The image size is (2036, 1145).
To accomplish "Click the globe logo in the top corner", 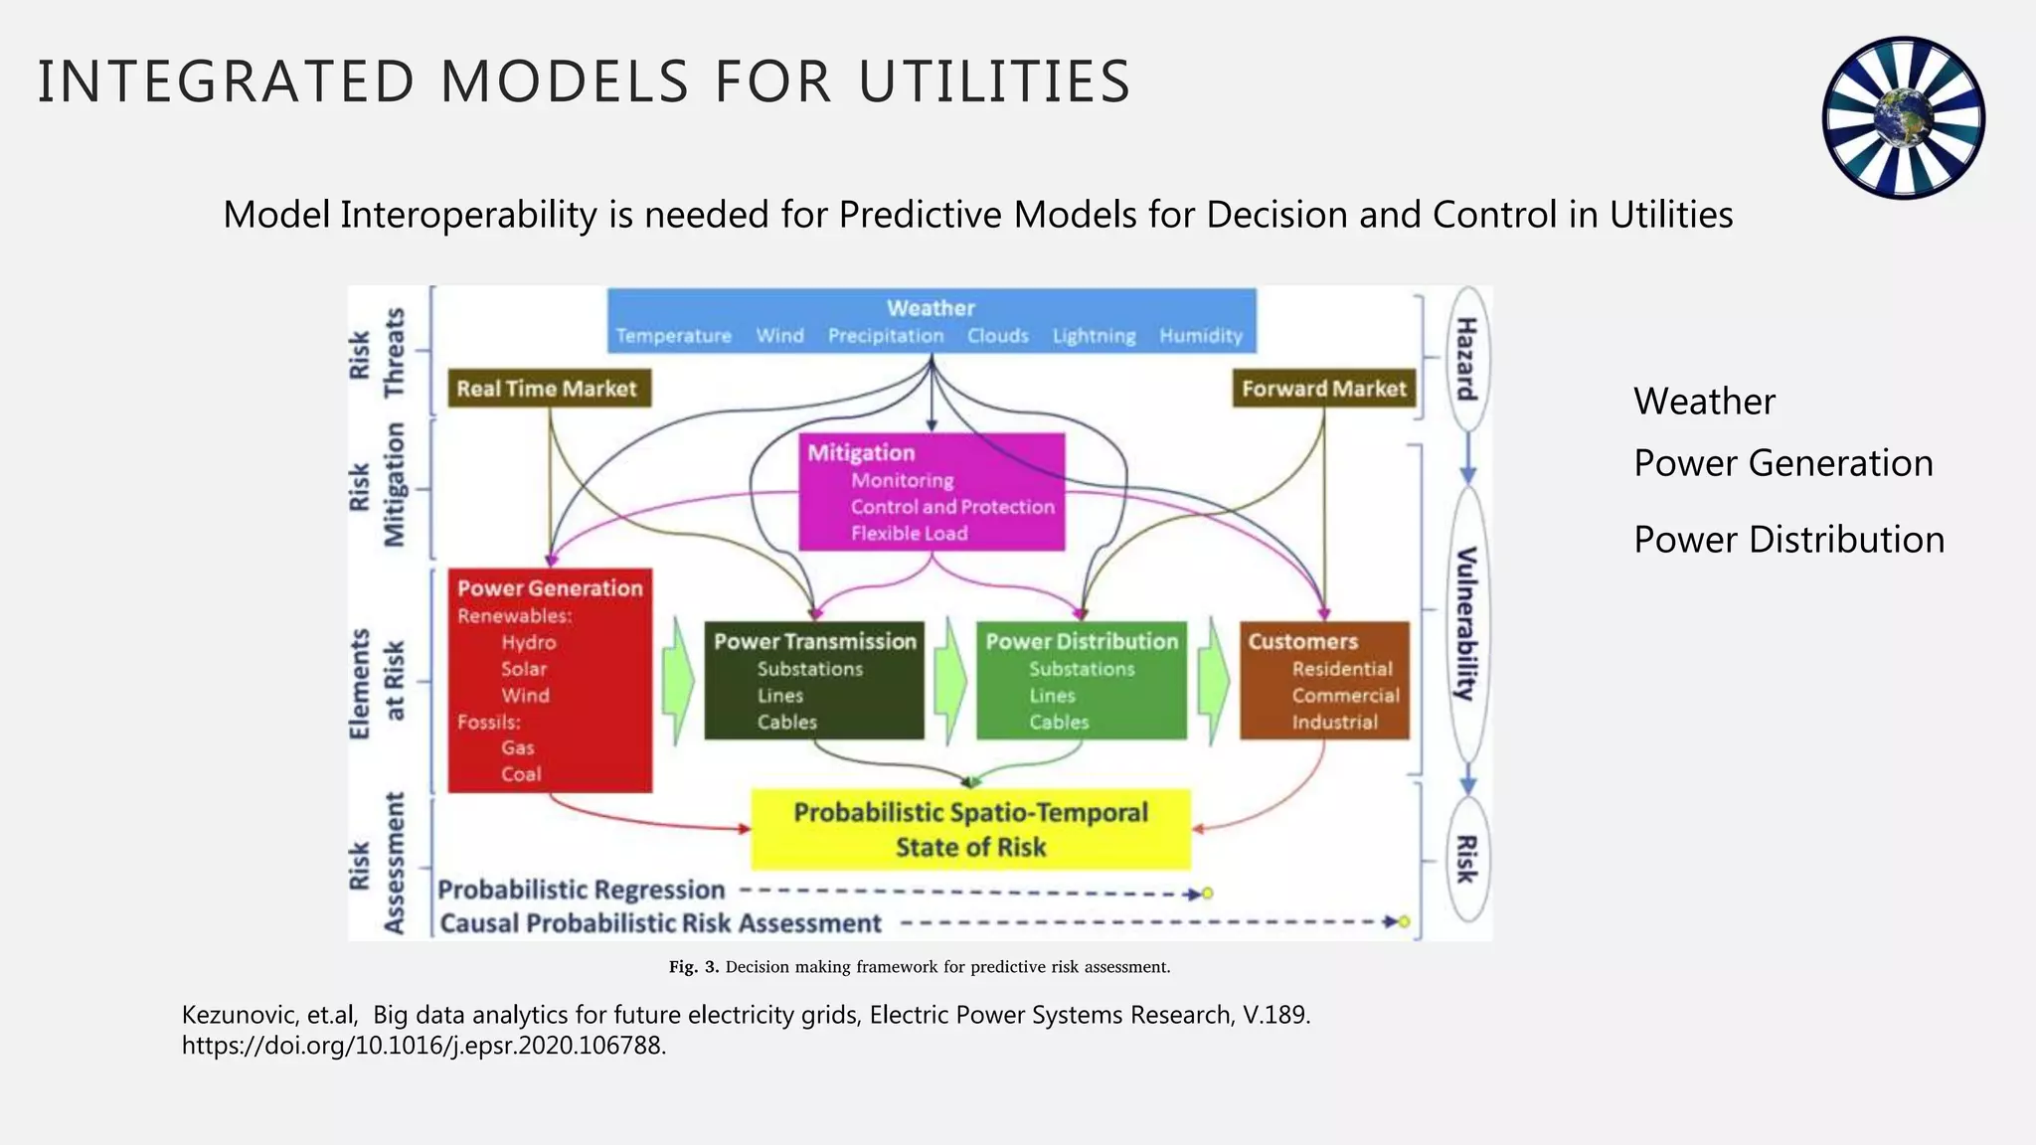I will pyautogui.click(x=1903, y=117).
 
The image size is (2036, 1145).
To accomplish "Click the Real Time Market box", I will pyautogui.click(x=548, y=389).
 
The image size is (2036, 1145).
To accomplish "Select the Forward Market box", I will pyautogui.click(x=1324, y=389).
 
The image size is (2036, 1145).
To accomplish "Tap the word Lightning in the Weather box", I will pyautogui.click(x=1094, y=336).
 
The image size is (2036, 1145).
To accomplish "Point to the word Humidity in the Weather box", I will pyautogui.click(x=1201, y=336).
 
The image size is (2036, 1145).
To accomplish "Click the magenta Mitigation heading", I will pyautogui.click(x=861, y=453).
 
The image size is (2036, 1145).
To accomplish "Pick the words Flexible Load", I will pyautogui.click(x=909, y=534).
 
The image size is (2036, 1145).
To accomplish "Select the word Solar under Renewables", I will pyautogui.click(x=524, y=669).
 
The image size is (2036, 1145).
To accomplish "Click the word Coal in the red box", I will pyautogui.click(x=521, y=774).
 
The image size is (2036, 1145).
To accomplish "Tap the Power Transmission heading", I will pyautogui.click(x=815, y=642).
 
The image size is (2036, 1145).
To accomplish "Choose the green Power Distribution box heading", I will pyautogui.click(x=1082, y=642).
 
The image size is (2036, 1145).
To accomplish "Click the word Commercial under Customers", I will pyautogui.click(x=1345, y=696).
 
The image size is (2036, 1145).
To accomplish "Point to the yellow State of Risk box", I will pyautogui.click(x=970, y=830).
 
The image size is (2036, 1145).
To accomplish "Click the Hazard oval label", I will pyautogui.click(x=1466, y=358).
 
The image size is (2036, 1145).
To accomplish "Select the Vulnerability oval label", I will pyautogui.click(x=1466, y=623).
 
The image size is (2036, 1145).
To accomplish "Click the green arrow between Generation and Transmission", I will pyautogui.click(x=680, y=682).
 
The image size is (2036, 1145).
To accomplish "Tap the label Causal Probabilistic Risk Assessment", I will pyautogui.click(x=660, y=924).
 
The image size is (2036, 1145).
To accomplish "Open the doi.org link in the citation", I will pyautogui.click(x=424, y=1046).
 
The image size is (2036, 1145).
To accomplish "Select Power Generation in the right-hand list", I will pyautogui.click(x=1783, y=463).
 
